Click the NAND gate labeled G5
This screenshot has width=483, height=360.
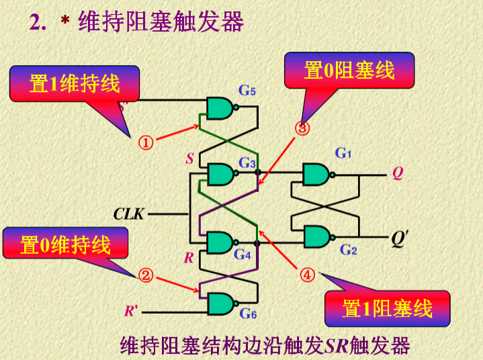click(x=220, y=107)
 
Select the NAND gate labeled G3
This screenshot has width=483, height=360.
click(x=220, y=175)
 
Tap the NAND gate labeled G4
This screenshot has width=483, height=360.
click(x=220, y=242)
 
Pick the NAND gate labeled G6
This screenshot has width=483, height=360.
click(x=220, y=304)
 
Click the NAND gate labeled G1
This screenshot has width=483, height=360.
click(x=316, y=175)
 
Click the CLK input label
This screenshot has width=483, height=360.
click(x=128, y=214)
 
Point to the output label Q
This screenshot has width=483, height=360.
click(x=398, y=174)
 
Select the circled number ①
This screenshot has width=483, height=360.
click(x=146, y=142)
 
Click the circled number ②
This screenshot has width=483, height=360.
click(x=146, y=275)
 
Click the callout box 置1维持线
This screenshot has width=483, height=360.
click(x=75, y=84)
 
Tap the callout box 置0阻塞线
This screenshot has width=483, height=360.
click(x=349, y=70)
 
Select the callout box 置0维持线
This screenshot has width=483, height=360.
click(x=65, y=245)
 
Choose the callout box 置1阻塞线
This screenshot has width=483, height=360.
click(x=386, y=308)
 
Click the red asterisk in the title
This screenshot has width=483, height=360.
click(x=65, y=22)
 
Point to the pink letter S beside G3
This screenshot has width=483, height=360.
click(x=190, y=159)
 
